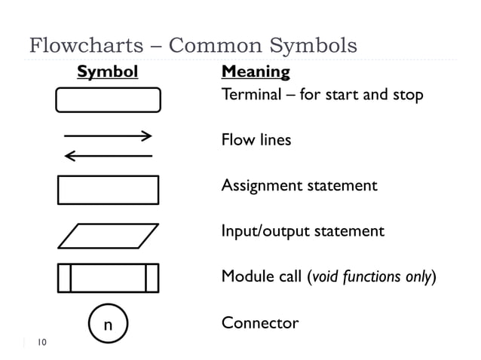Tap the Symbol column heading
(108, 72)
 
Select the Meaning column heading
(256, 72)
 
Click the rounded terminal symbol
(108, 99)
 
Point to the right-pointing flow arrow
(109, 136)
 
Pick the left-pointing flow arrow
(109, 156)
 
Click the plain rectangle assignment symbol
(108, 190)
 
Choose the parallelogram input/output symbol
(108, 236)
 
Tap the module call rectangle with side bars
(108, 277)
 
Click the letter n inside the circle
(108, 325)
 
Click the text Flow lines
(256, 140)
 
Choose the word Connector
(259, 323)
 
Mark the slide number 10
(41, 343)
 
